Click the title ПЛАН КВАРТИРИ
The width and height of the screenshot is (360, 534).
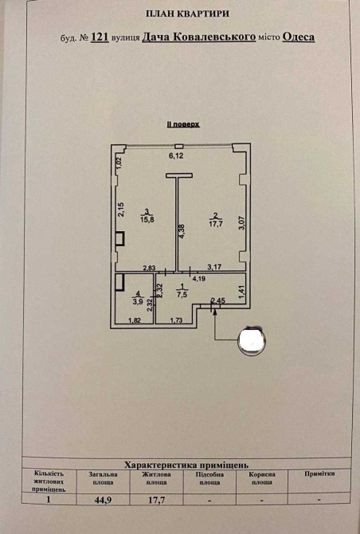[x=187, y=14]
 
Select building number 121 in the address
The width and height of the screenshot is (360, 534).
[x=100, y=37]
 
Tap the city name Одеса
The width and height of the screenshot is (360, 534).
[x=299, y=37]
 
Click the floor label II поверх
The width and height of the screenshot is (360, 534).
[x=182, y=124]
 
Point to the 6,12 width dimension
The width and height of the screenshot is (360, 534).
[x=176, y=156]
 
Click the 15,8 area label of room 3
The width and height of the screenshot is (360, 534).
[x=147, y=220]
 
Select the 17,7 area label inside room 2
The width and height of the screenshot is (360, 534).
[x=215, y=224]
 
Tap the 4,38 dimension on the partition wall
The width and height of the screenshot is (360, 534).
[x=182, y=230]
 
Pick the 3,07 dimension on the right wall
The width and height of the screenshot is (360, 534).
[x=241, y=223]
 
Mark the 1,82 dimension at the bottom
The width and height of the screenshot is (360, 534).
[x=135, y=320]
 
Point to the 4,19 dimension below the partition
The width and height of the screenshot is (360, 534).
[x=199, y=279]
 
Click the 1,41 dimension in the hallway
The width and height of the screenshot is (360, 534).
[x=241, y=293]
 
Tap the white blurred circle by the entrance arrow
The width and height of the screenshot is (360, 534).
[x=252, y=340]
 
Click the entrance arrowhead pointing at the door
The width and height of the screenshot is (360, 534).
[x=215, y=312]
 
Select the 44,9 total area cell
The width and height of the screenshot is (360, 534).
[x=103, y=499]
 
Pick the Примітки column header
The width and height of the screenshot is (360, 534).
[x=319, y=473]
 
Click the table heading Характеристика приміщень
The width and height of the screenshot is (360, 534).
[x=186, y=465]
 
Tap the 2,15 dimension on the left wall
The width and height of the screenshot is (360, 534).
[x=121, y=209]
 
